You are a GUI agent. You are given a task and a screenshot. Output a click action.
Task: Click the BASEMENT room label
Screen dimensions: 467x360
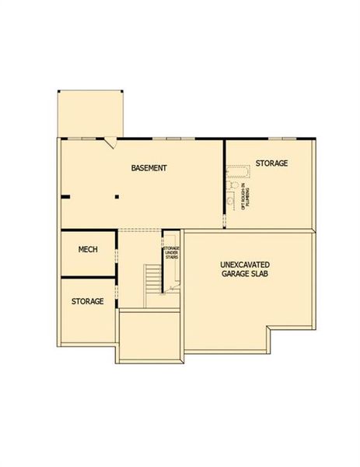[x=149, y=168]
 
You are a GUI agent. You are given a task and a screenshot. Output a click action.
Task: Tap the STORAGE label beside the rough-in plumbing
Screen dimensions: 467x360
[x=271, y=163]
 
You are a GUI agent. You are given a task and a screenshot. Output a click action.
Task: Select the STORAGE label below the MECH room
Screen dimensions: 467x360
[x=88, y=301]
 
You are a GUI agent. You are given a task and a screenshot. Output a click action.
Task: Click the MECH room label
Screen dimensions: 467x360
[x=87, y=250]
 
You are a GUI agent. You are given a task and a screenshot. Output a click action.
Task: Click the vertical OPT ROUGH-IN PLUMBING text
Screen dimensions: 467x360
[x=246, y=195]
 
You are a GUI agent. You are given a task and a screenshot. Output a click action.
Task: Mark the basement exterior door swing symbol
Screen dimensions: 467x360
[x=112, y=142]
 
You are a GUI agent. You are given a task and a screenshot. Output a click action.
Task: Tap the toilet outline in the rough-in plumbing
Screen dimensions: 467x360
[x=230, y=200]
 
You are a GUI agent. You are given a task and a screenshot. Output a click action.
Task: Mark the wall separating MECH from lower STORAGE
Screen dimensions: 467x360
[x=88, y=277]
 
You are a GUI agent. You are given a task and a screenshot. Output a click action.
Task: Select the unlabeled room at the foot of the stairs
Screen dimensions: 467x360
[x=149, y=335]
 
